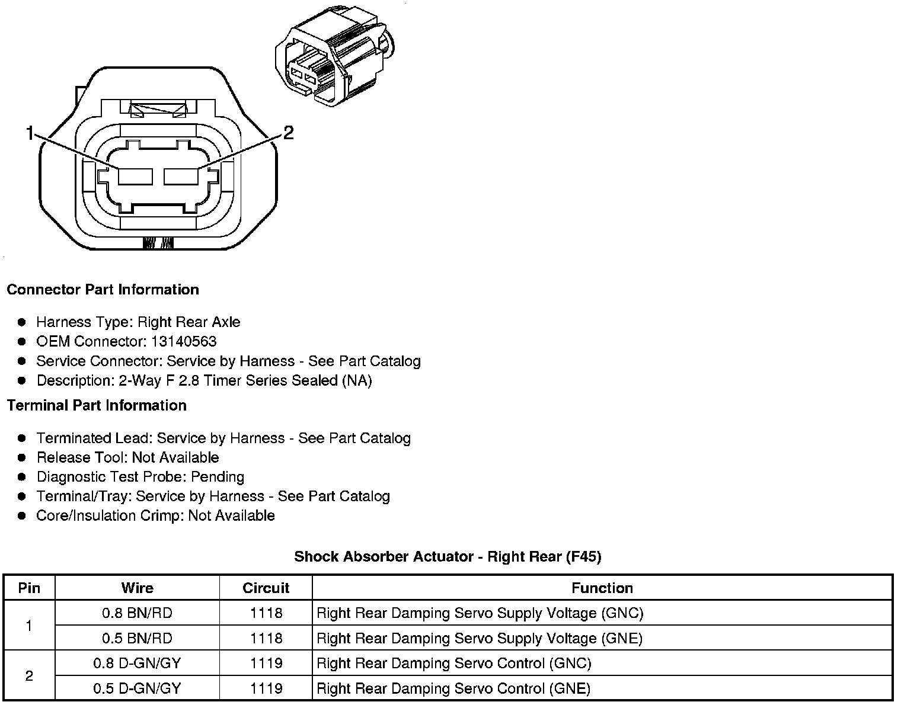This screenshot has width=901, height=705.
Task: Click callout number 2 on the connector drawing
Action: pyautogui.click(x=288, y=133)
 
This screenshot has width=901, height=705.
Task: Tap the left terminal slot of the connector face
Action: pyautogui.click(x=136, y=177)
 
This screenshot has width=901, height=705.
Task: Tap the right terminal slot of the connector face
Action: pyautogui.click(x=181, y=177)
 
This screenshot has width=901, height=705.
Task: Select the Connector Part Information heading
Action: pyautogui.click(x=103, y=290)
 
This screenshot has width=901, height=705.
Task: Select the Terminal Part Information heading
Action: pyautogui.click(x=97, y=406)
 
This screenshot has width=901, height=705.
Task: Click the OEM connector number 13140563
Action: pyautogui.click(x=183, y=342)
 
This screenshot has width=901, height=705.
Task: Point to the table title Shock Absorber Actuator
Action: pyautogui.click(x=448, y=557)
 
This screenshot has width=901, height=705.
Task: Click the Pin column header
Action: pyautogui.click(x=29, y=588)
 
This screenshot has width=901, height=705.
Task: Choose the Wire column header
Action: pyautogui.click(x=137, y=588)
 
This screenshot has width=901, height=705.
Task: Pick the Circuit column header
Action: pyautogui.click(x=266, y=588)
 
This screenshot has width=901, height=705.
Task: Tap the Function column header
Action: pyautogui.click(x=602, y=588)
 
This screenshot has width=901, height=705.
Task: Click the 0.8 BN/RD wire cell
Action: pyautogui.click(x=137, y=613)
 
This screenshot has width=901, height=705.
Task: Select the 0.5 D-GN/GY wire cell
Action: pyautogui.click(x=137, y=688)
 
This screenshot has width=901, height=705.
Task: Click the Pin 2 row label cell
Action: pyautogui.click(x=29, y=676)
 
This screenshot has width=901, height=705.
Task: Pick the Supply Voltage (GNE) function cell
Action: pyautogui.click(x=480, y=639)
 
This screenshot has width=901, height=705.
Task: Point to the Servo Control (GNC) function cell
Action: pyautogui.click(x=454, y=664)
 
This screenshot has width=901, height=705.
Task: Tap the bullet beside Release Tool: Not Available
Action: pyautogui.click(x=22, y=458)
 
